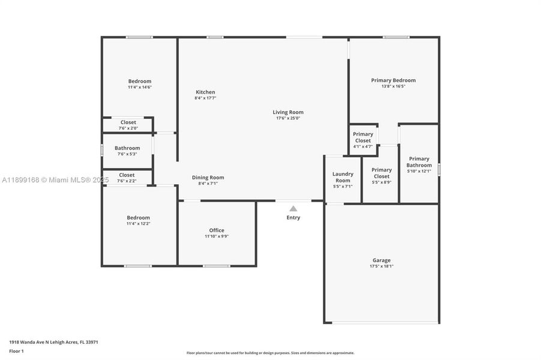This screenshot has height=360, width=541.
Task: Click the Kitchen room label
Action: click(205, 92)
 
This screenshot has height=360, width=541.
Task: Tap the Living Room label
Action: click(288, 112)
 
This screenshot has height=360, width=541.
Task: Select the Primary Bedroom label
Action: click(393, 80)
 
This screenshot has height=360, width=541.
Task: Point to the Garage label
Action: click(381, 260)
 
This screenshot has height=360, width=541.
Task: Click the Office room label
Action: click(217, 230)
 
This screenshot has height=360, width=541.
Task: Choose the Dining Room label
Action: click(208, 178)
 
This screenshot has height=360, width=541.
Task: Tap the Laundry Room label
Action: click(343, 177)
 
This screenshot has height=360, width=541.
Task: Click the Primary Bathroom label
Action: click(419, 162)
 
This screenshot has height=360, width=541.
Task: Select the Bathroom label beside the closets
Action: click(127, 148)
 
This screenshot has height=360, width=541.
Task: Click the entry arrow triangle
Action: click(293, 209)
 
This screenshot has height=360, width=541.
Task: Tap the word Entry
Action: click(293, 218)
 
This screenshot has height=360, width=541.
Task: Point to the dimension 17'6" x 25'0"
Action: click(288, 118)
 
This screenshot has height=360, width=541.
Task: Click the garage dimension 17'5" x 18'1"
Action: click(381, 266)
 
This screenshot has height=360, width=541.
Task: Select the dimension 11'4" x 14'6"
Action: click(139, 87)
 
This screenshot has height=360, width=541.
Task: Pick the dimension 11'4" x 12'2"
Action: click(138, 224)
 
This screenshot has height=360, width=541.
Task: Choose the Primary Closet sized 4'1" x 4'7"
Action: click(363, 137)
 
